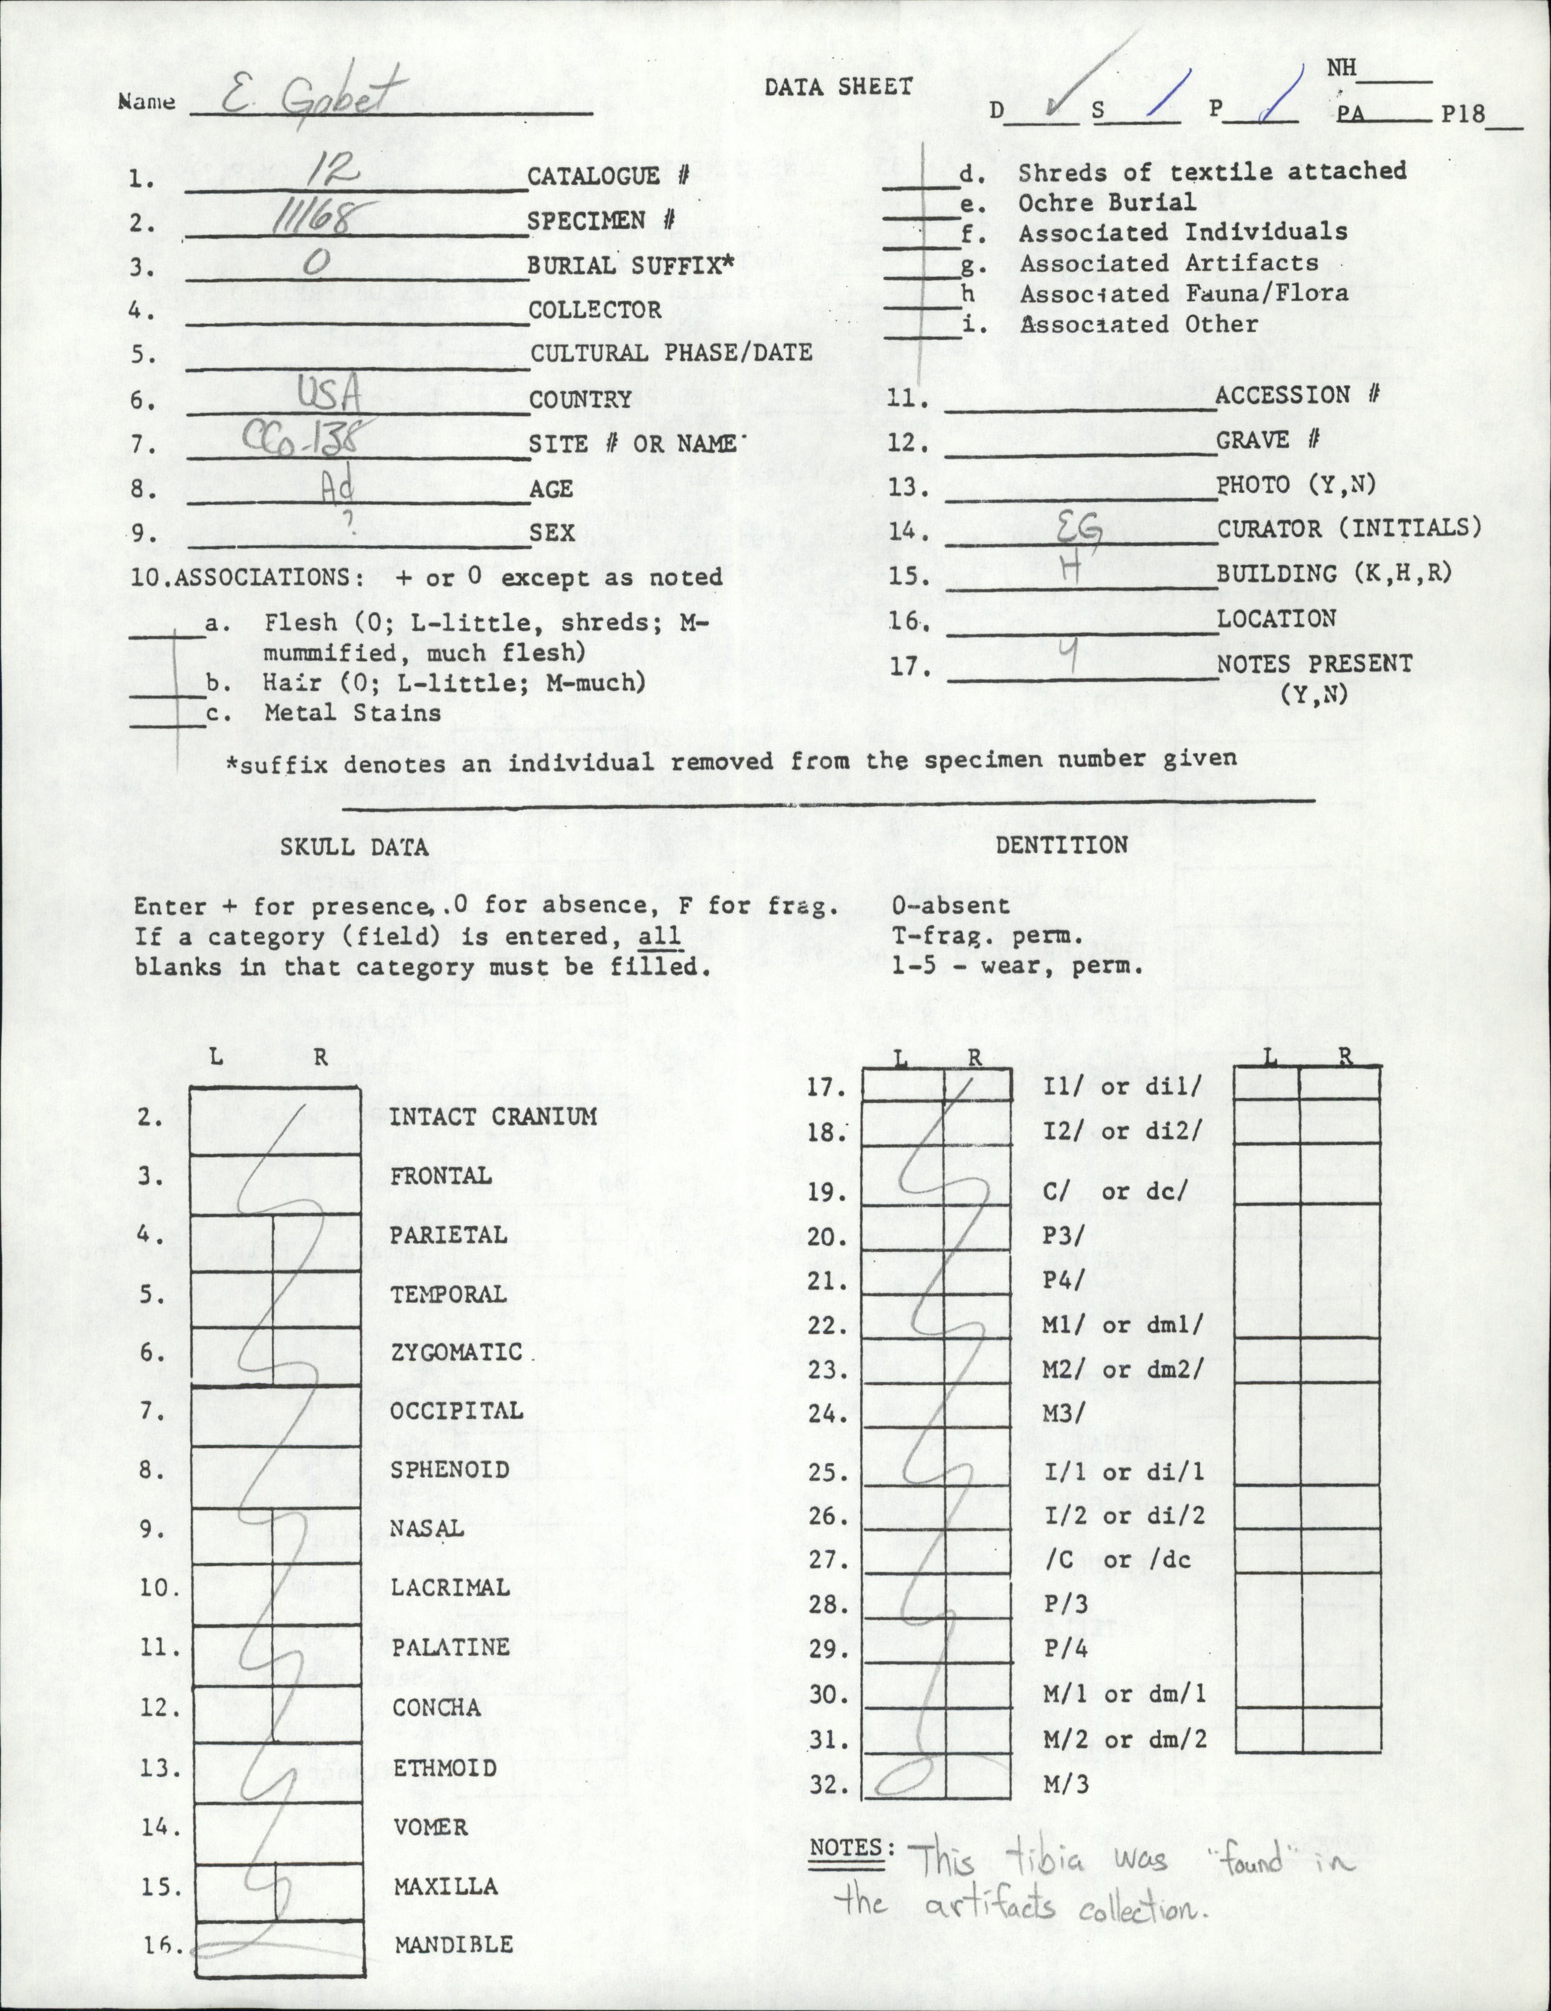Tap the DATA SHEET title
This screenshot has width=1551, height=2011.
coord(839,87)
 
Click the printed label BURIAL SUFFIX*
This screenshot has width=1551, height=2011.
coord(631,265)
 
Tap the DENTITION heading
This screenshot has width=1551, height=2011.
coord(1061,845)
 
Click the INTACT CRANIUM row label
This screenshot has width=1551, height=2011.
coord(493,1117)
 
